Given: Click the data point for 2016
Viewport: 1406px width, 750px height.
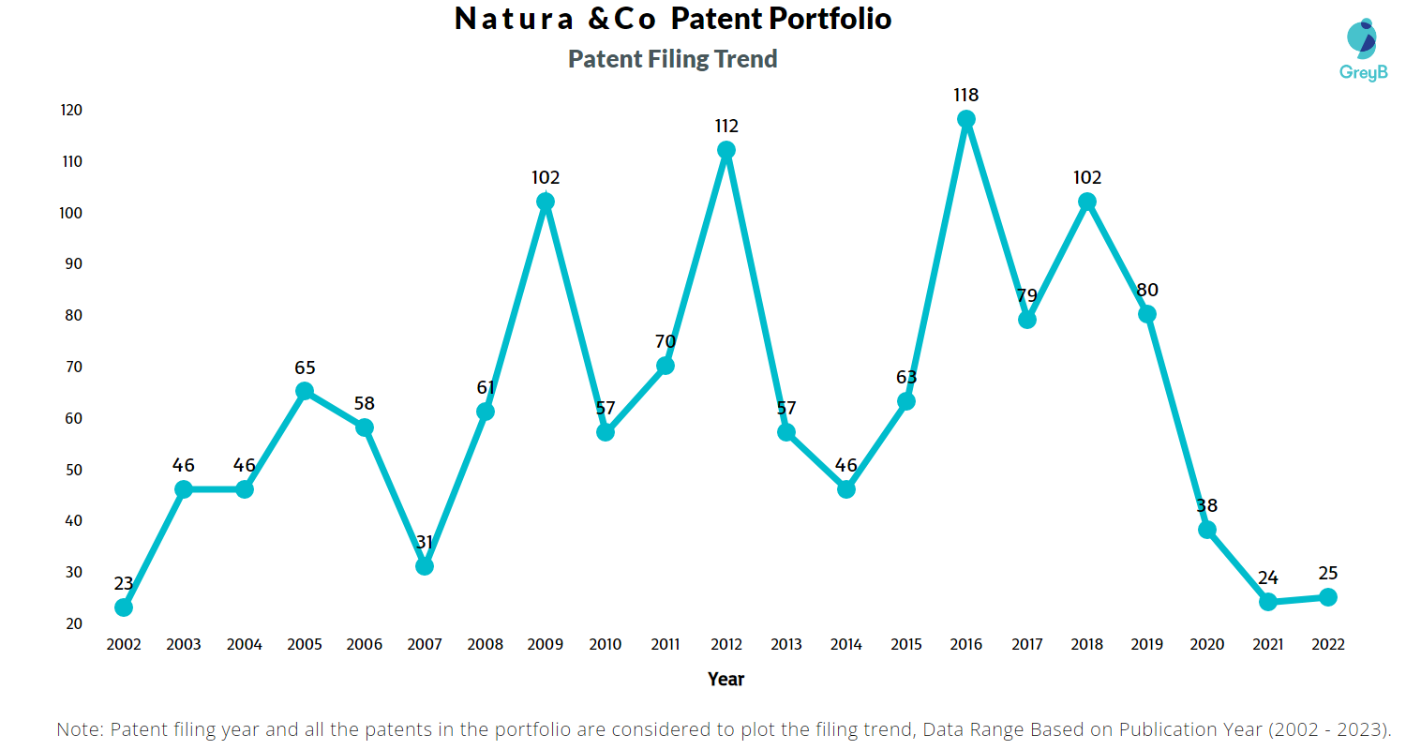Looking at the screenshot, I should click(x=966, y=119).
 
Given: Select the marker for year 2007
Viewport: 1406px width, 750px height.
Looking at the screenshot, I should click(x=425, y=566).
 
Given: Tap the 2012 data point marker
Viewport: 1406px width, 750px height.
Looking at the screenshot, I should click(x=725, y=150).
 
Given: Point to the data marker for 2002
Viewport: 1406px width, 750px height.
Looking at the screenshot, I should click(x=124, y=607).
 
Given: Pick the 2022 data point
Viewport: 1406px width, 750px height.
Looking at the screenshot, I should click(x=1328, y=597).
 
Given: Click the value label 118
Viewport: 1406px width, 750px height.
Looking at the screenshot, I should click(x=966, y=95).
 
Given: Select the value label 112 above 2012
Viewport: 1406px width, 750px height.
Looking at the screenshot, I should click(x=725, y=126).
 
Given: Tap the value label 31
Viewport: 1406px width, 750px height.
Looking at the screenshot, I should click(x=425, y=542).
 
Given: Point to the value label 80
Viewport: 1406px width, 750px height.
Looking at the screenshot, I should click(x=1147, y=290).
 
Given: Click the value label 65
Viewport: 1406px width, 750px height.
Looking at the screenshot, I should click(x=305, y=367).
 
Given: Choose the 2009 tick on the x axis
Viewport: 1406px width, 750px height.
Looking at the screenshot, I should click(x=546, y=645).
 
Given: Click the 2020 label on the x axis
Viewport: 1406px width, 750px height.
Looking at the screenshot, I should click(x=1207, y=645).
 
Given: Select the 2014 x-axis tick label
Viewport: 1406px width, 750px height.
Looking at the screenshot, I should click(x=846, y=645).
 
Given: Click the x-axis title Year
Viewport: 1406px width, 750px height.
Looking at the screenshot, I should click(x=725, y=679).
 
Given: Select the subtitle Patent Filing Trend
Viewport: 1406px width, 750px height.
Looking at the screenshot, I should click(x=673, y=59).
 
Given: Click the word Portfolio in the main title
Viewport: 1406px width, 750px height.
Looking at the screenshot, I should click(x=829, y=19).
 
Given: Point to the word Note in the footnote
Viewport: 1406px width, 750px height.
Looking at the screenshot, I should click(x=79, y=729).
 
